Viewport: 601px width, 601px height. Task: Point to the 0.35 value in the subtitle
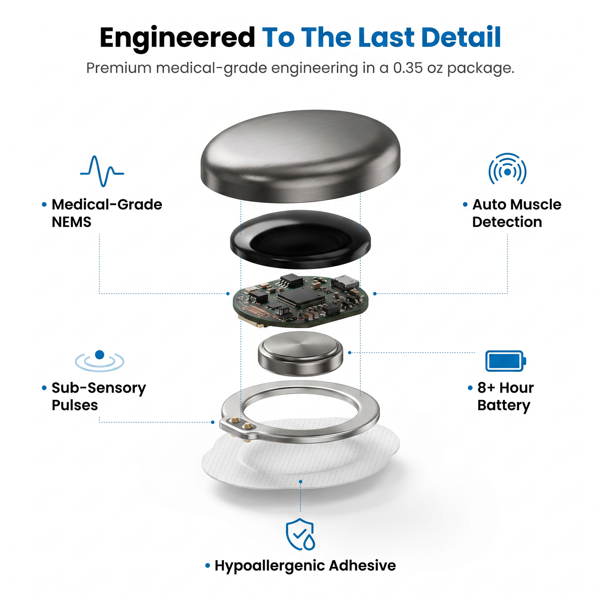[408, 68]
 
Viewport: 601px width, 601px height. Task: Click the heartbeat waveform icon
[102, 171]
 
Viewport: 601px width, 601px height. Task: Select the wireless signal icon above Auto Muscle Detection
[507, 169]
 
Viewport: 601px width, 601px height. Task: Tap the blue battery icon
[506, 361]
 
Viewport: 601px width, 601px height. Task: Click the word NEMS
[72, 222]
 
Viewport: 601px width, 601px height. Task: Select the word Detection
[507, 222]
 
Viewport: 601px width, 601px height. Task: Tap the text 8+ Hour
[505, 388]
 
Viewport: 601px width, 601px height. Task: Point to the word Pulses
[75, 405]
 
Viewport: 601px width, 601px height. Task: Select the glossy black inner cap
[300, 239]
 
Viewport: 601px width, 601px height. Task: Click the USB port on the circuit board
[345, 282]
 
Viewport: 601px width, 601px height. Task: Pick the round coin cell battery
[300, 354]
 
